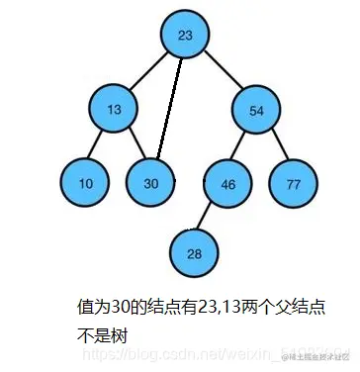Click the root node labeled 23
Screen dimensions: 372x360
click(x=184, y=35)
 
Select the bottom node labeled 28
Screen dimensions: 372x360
click(x=194, y=253)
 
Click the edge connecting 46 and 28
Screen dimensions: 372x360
click(x=211, y=218)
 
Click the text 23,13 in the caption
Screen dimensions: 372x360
click(x=214, y=307)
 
